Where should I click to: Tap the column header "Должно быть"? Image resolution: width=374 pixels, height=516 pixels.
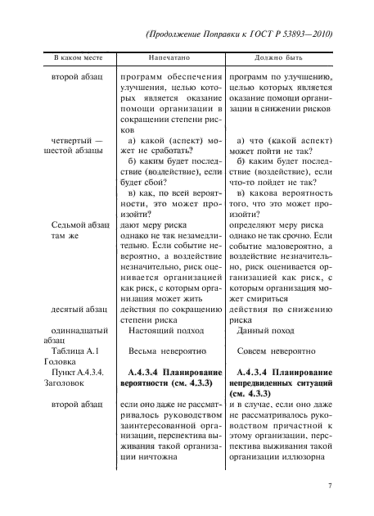click(281, 60)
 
